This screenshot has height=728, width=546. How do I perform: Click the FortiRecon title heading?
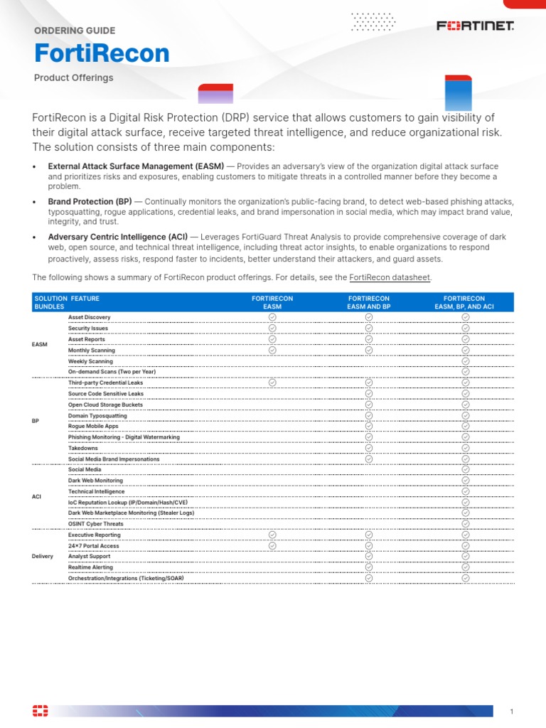click(x=102, y=54)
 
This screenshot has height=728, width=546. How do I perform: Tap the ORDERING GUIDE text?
click(x=74, y=31)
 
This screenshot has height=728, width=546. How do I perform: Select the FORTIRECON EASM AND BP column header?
click(x=368, y=302)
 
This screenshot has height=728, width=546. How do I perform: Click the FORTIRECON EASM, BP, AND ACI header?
click(x=464, y=302)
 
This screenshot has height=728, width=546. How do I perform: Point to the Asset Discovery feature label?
click(x=89, y=317)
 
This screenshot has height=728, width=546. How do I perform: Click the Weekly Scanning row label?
click(x=90, y=361)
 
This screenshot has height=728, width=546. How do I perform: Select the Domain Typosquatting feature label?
click(x=97, y=416)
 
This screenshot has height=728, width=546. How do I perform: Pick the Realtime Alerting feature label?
click(x=91, y=567)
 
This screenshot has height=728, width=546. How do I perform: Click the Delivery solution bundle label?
click(x=43, y=556)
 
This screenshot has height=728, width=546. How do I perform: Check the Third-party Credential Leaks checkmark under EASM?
click(x=272, y=382)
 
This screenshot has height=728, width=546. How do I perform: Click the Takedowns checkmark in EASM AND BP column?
click(x=368, y=448)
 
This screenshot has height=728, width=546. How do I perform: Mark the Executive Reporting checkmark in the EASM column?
click(x=272, y=535)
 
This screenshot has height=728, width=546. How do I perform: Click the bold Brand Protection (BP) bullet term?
click(x=90, y=202)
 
